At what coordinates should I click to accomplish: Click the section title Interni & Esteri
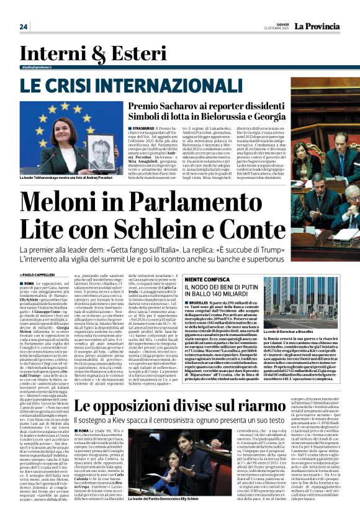click(76, 53)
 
